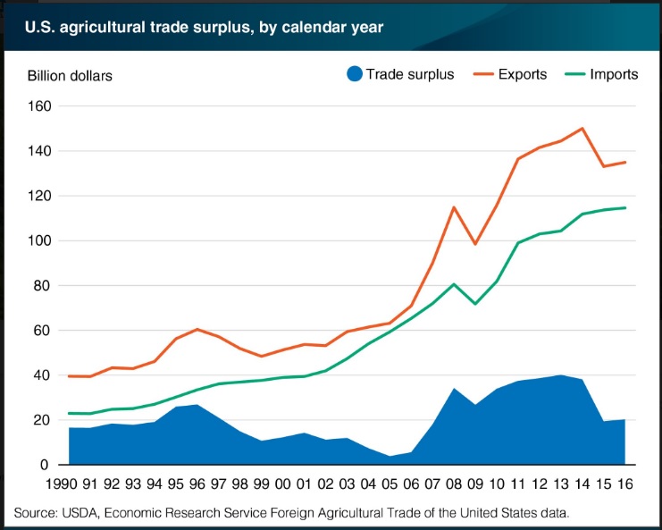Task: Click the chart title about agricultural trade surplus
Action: pyautogui.click(x=198, y=27)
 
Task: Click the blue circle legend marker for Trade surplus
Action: pyautogui.click(x=353, y=74)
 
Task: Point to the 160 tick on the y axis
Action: pyautogui.click(x=39, y=106)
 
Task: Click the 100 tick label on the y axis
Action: pyautogui.click(x=39, y=241)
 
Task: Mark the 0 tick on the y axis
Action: pyautogui.click(x=47, y=465)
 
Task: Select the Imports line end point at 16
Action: pyautogui.click(x=625, y=207)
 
